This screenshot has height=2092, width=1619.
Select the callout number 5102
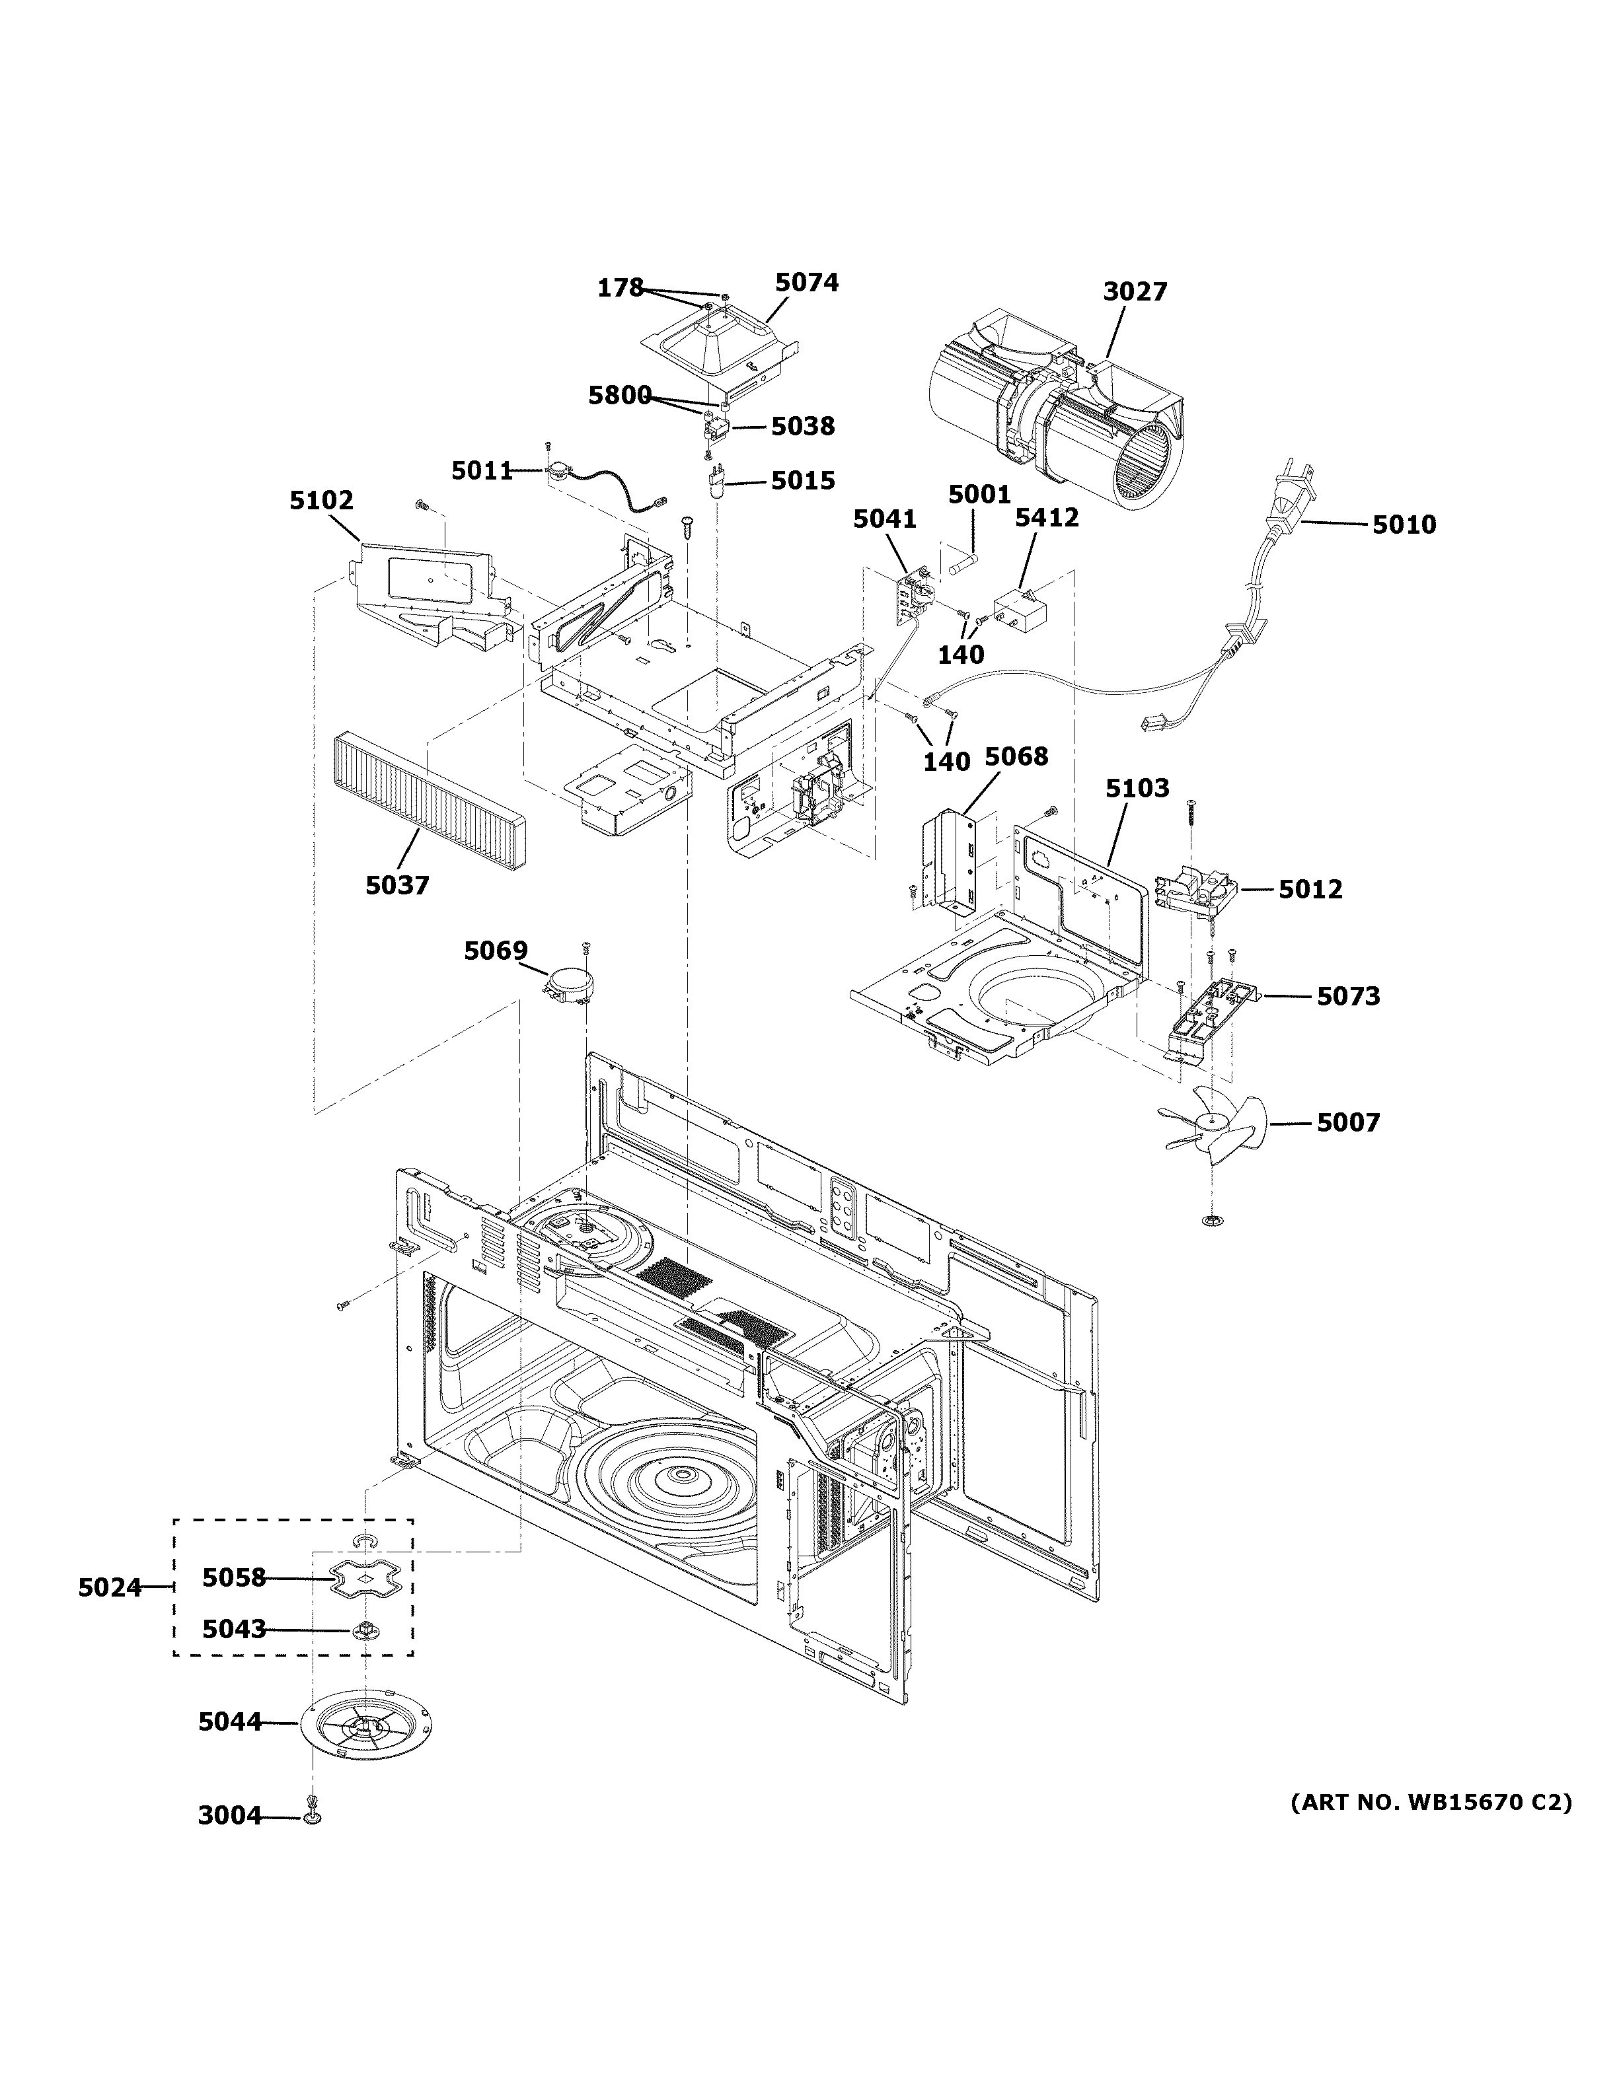[x=322, y=500]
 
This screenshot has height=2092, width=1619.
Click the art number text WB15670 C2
[x=1431, y=1803]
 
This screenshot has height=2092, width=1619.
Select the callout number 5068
[x=1016, y=757]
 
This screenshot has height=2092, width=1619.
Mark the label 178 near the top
[x=620, y=287]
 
